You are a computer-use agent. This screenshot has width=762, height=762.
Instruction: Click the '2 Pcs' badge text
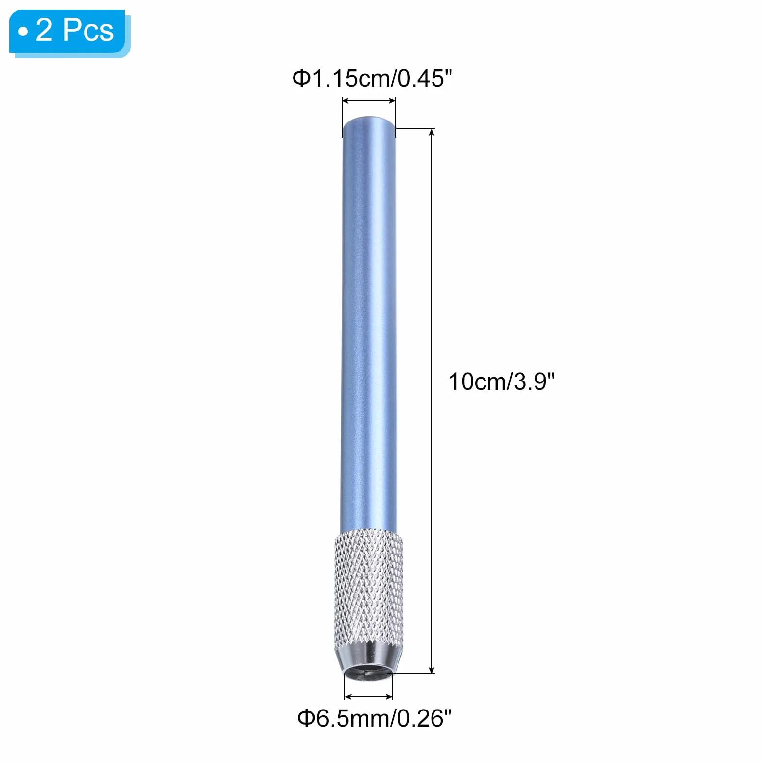pos(75,30)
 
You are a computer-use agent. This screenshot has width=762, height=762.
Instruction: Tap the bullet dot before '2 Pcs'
pos(23,32)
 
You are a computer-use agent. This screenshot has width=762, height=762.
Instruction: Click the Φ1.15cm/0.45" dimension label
pos(372,78)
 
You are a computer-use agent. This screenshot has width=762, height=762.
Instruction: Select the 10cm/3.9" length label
pos(502,381)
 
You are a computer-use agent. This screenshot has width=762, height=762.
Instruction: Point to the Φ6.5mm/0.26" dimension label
pos(375,718)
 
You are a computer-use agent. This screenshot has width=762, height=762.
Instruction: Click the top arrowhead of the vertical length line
pos(432,132)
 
